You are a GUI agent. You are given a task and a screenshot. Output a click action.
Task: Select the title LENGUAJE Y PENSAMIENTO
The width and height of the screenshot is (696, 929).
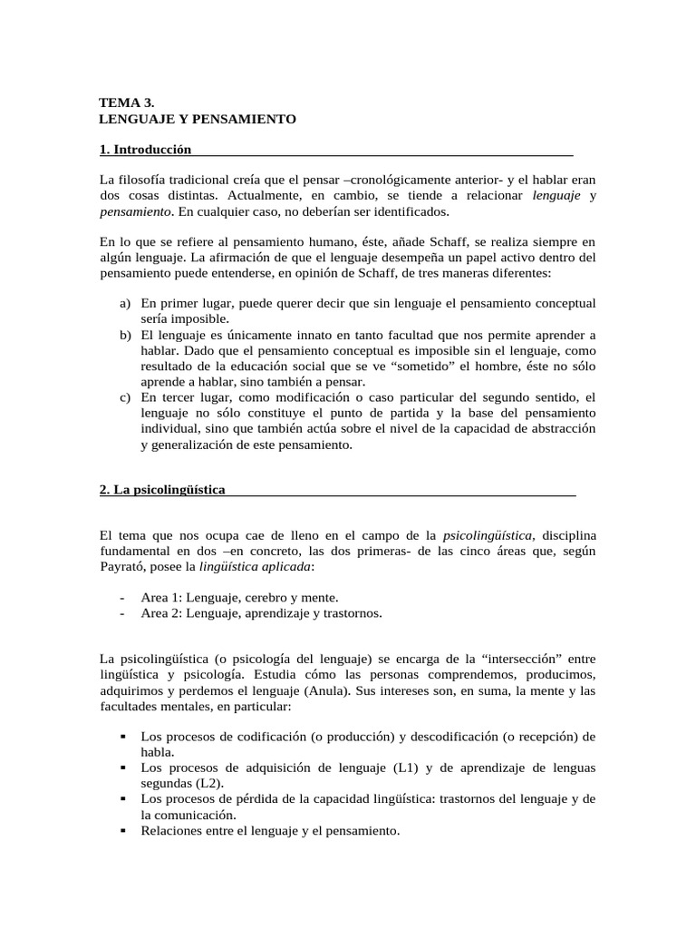pos(197,119)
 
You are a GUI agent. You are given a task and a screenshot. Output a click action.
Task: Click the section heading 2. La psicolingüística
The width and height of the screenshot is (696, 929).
pos(162,490)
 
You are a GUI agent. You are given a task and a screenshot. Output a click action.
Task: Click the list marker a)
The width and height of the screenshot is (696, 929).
pos(125,302)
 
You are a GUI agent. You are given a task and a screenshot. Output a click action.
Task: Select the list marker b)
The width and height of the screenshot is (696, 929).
pos(125,336)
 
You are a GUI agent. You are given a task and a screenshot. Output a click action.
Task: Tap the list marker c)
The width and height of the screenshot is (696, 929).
pos(125,397)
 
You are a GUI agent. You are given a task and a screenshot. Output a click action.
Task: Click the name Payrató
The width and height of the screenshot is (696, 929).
pos(122,566)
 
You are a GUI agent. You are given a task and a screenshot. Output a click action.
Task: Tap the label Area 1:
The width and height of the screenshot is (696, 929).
pos(162,597)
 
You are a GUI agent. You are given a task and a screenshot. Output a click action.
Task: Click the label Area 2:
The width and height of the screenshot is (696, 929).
pos(162,613)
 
